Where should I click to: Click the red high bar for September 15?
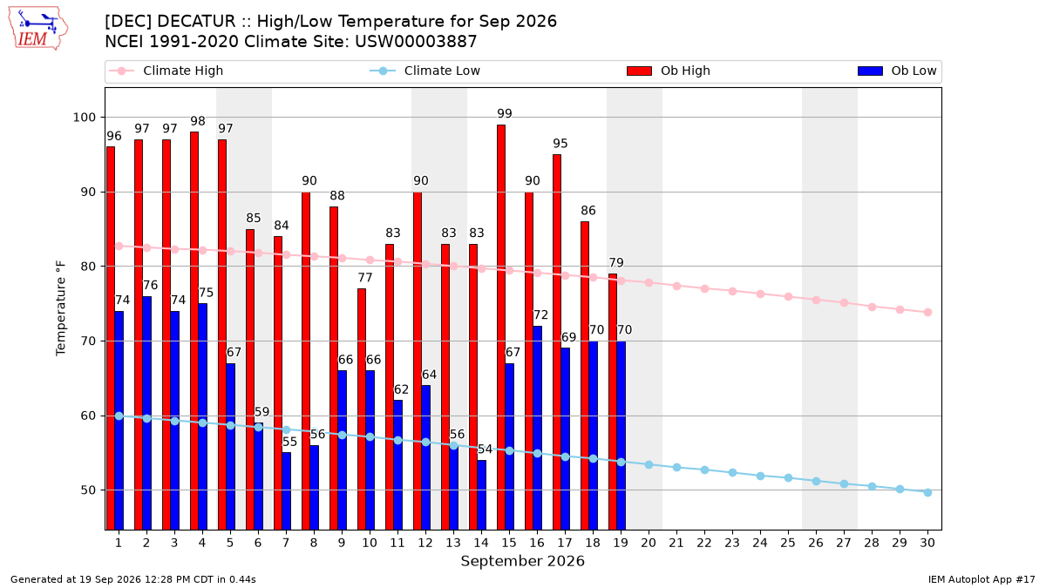click(501, 328)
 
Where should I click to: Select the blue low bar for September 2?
click(146, 413)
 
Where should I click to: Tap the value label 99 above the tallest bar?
click(505, 113)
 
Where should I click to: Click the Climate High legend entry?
click(166, 71)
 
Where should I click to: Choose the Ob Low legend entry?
click(897, 71)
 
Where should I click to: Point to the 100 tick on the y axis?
click(84, 117)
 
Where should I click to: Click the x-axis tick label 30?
click(927, 543)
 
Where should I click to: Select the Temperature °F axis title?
click(61, 308)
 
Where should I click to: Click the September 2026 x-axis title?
click(522, 561)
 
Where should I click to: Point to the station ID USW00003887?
click(416, 42)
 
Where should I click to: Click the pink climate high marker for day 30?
click(927, 312)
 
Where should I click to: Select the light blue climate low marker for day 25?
click(788, 478)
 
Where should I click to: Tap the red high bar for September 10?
click(362, 409)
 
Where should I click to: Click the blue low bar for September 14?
click(481, 495)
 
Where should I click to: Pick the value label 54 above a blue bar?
click(485, 449)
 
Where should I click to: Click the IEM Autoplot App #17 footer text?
click(981, 579)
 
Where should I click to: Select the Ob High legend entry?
click(669, 71)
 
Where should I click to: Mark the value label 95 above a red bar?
click(560, 143)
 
